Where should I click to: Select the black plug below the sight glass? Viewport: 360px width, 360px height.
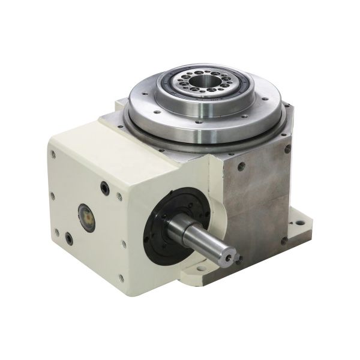[x=70, y=239]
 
